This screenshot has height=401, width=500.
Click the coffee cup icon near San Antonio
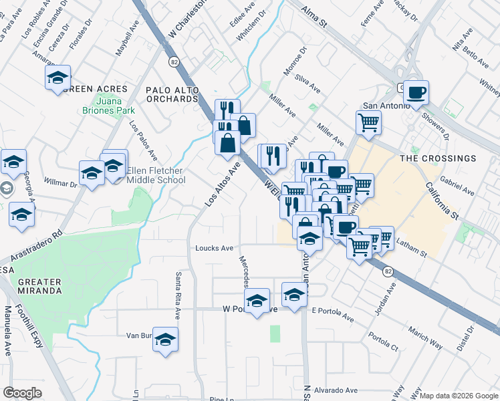pyautogui.click(x=416, y=93)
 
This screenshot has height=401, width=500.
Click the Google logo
pyautogui.click(x=23, y=393)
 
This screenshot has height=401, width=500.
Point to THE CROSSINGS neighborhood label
pyautogui.click(x=438, y=158)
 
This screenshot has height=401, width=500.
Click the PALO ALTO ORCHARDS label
pyautogui.click(x=172, y=94)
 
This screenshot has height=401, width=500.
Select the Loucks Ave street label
pyautogui.click(x=214, y=248)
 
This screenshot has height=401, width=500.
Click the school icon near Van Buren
pyautogui.click(x=165, y=339)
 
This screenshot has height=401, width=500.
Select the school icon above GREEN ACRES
pyautogui.click(x=58, y=77)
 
